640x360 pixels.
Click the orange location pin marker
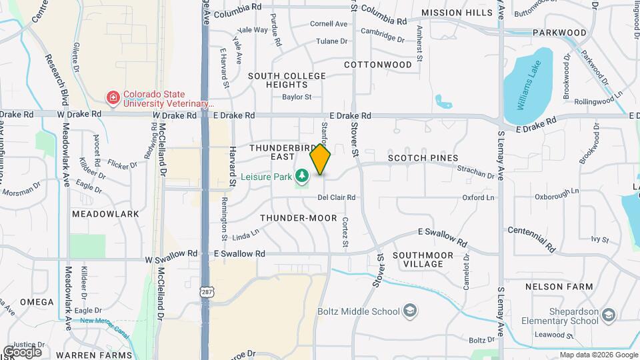(x=320, y=160)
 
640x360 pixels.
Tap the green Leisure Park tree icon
(x=303, y=176)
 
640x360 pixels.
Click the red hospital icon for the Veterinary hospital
(x=113, y=98)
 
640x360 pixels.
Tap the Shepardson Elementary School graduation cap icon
(x=609, y=315)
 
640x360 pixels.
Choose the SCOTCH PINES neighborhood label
(x=423, y=158)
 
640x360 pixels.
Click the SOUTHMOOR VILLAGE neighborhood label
(x=423, y=259)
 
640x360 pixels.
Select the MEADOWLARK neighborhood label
(x=105, y=214)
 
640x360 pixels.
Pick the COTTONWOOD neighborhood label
(x=378, y=65)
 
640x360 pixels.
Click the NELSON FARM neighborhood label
(x=559, y=287)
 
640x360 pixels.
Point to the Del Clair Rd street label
(x=337, y=197)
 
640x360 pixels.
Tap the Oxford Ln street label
(x=479, y=197)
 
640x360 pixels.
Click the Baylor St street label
(x=297, y=97)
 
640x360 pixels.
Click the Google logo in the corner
(x=23, y=351)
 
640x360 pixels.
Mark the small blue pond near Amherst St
(x=443, y=102)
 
